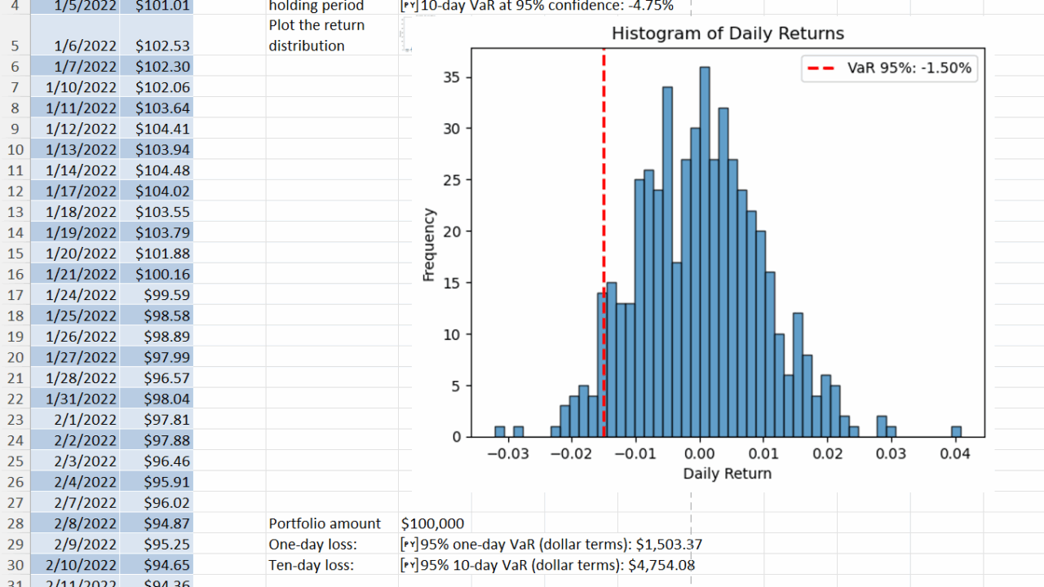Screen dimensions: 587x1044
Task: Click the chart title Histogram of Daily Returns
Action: (728, 33)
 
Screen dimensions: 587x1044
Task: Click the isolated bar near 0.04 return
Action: (956, 431)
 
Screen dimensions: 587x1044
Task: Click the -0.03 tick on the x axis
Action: (507, 453)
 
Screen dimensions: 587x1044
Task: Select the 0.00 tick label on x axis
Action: (700, 453)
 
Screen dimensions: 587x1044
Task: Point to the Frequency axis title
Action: (429, 245)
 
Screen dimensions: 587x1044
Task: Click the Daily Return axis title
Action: (727, 473)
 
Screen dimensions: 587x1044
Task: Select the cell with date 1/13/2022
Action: (81, 149)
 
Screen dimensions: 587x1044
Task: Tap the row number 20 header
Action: (15, 357)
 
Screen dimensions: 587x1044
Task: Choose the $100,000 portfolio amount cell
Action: (432, 523)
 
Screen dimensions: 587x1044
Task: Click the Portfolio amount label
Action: (325, 523)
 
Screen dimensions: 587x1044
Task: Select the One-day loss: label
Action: (313, 544)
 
